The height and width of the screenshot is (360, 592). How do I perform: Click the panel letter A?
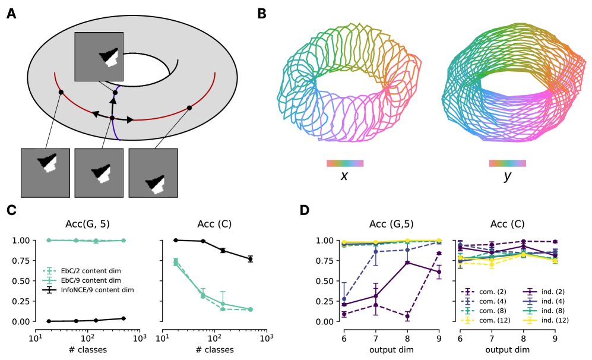tap(11, 14)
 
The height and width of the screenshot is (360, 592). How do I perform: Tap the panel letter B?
tap(261, 14)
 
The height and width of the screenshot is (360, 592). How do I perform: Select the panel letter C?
tap(11, 210)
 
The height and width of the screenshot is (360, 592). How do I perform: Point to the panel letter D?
tap(305, 210)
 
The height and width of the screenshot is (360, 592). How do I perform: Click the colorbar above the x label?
tap(344, 163)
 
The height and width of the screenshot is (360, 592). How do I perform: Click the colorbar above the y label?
tap(507, 163)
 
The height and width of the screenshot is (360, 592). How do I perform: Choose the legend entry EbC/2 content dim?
tap(90, 271)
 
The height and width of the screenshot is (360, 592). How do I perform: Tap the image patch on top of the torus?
tap(99, 56)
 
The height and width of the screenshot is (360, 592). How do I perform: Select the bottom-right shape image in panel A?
tap(153, 173)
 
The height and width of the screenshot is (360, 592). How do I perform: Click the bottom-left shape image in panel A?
tap(45, 173)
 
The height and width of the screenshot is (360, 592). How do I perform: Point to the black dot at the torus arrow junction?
tap(112, 118)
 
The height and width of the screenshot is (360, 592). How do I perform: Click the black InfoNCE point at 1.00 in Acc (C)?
tap(175, 240)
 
